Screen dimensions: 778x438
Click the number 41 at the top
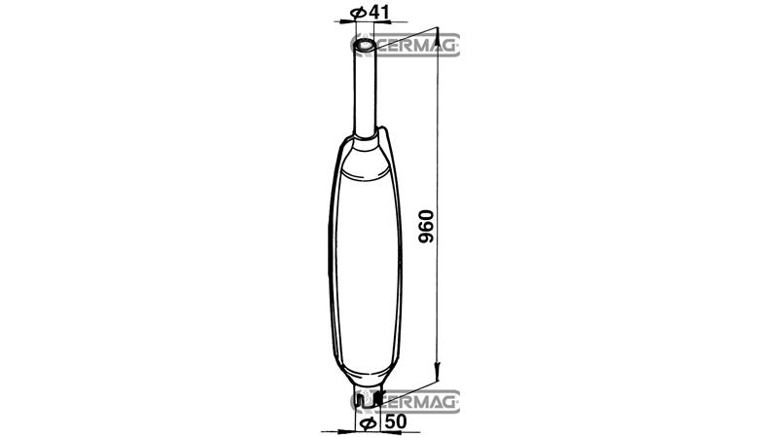[379, 12]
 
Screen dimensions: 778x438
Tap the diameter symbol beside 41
[358, 13]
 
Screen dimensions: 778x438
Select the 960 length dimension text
[426, 227]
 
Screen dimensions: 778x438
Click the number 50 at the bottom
[396, 421]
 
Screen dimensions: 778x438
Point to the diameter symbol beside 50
[368, 423]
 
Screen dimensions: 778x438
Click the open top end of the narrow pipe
[365, 45]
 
